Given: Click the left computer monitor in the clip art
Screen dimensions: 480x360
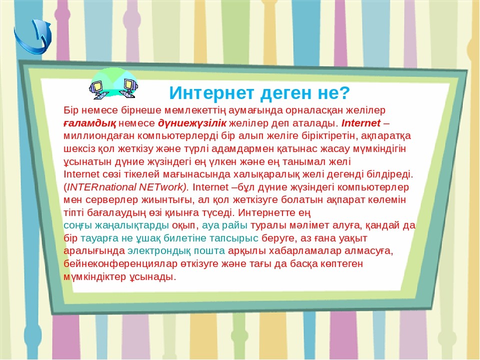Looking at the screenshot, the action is click(x=97, y=86).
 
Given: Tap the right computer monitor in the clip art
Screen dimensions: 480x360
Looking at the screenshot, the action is click(x=130, y=85).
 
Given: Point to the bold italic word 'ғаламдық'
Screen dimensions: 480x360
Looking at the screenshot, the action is click(x=89, y=123).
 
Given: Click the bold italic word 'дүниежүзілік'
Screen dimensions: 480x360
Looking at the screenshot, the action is click(x=192, y=123).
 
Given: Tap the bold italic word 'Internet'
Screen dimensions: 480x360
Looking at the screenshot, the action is click(x=361, y=123).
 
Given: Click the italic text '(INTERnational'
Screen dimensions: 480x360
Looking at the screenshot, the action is click(x=100, y=187).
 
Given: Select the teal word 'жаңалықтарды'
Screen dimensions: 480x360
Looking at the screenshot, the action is click(x=132, y=225).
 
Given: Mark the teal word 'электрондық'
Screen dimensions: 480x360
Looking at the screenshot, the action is click(x=159, y=251).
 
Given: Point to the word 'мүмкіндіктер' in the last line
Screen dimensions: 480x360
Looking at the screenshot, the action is click(x=94, y=277).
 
